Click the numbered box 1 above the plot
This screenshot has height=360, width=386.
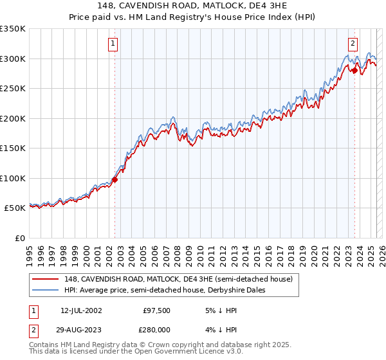coord(113,44)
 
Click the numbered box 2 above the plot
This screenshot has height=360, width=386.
coord(353,44)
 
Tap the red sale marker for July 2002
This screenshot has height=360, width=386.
coord(115,180)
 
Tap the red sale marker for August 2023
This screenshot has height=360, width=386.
coord(354,71)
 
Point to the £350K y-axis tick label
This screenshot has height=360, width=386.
coord(13,29)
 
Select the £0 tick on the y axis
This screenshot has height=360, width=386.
coord(19,239)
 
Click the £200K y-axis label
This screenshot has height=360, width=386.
coord(13,119)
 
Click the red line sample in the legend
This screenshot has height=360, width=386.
coord(45,279)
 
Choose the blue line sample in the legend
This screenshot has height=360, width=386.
coord(45,290)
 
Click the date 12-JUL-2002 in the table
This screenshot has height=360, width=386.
coord(81,310)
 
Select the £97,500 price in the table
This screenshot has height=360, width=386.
coord(156,310)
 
